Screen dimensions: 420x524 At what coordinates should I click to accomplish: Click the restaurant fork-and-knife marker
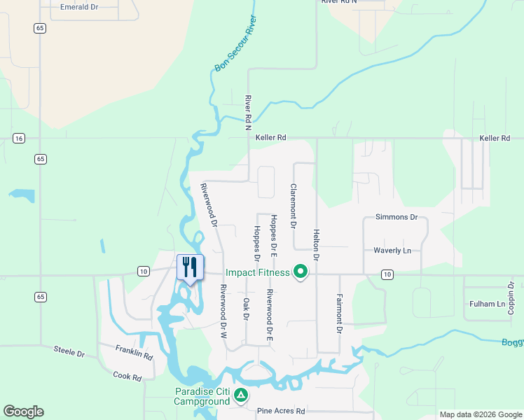click(190, 267)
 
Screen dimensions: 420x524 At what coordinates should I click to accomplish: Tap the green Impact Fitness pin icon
click(301, 271)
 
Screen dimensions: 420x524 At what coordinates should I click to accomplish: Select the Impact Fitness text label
click(257, 272)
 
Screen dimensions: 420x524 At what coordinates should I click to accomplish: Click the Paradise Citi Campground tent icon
click(240, 395)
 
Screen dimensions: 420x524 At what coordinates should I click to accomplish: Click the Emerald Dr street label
click(78, 7)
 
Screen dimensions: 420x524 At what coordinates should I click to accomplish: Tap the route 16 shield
click(18, 138)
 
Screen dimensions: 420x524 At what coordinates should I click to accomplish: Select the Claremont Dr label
click(294, 206)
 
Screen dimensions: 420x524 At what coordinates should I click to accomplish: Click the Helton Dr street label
click(317, 245)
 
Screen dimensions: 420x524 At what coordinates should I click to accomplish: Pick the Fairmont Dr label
click(340, 313)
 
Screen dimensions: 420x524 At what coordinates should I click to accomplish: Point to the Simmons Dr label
click(396, 217)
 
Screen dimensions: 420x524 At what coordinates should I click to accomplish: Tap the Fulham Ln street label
click(487, 304)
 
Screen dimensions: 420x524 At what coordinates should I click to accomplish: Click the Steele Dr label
click(69, 351)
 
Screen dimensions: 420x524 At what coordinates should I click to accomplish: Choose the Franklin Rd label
click(135, 351)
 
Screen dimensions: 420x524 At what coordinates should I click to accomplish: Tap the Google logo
click(23, 412)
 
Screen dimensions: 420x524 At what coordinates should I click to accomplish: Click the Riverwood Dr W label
click(223, 311)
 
